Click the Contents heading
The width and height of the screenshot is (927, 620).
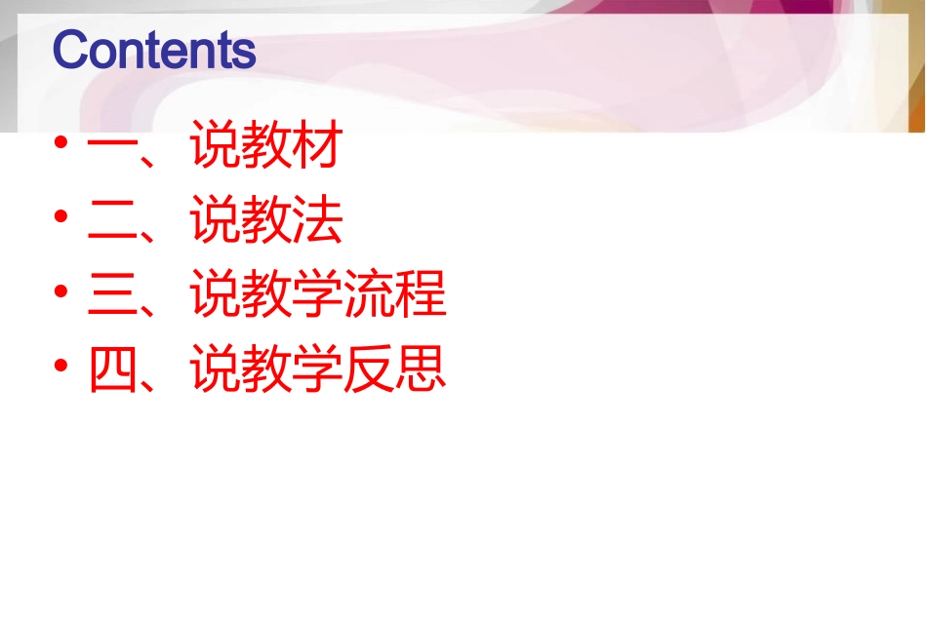154,50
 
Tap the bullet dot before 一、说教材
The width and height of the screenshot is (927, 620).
62,144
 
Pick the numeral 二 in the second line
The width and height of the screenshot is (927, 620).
112,222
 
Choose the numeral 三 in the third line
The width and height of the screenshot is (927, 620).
112,295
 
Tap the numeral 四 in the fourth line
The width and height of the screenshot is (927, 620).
112,369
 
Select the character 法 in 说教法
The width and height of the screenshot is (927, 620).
318,222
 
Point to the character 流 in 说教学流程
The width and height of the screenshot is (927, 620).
370,295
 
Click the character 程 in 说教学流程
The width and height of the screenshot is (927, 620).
421,295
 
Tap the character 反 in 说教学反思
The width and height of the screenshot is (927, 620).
370,369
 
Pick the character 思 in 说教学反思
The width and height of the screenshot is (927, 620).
421,369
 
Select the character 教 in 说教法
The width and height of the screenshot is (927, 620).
266,222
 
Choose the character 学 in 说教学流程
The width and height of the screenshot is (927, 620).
318,295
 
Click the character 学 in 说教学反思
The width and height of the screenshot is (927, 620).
318,369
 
